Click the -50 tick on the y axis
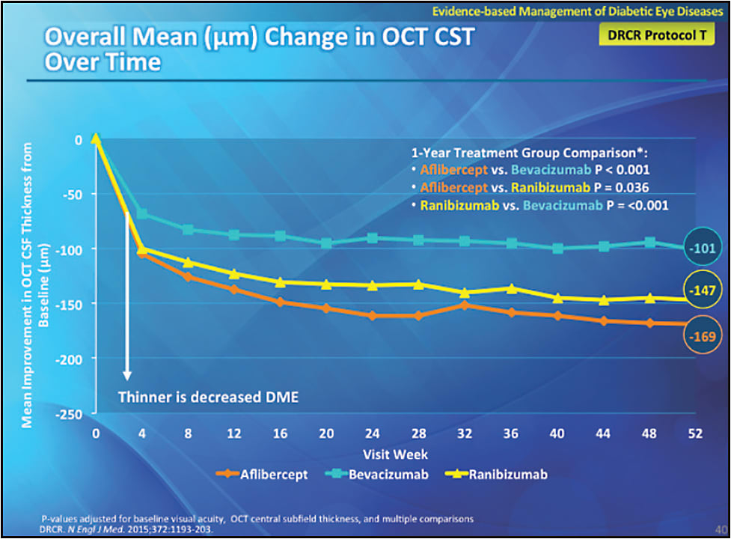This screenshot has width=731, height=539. [x=76, y=194]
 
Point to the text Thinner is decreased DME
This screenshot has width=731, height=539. [x=208, y=397]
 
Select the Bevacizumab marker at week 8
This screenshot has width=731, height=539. [x=189, y=230]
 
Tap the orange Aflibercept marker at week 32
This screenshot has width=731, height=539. [x=465, y=305]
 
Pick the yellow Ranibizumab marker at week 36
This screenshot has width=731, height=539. [x=511, y=288]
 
